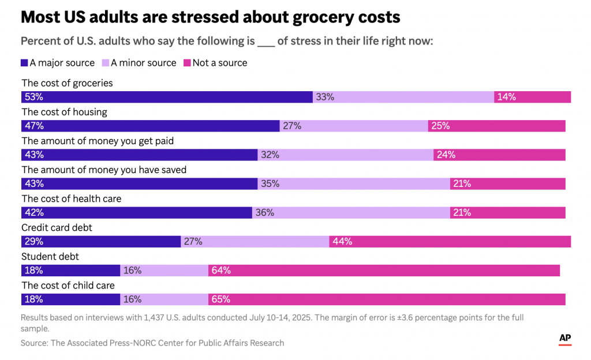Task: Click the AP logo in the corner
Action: point(565,339)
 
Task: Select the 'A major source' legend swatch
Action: point(24,63)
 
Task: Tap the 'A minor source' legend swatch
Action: point(105,63)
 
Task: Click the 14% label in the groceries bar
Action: point(506,97)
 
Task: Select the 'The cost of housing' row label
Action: point(64,112)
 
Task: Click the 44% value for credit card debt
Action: point(342,241)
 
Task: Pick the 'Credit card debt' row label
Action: point(57,227)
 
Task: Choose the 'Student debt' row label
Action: point(50,256)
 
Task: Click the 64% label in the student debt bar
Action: point(221,270)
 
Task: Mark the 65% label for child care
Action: point(221,299)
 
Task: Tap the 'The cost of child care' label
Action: point(68,285)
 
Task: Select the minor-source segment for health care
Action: point(351,212)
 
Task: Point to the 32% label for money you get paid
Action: point(270,155)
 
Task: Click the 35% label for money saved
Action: point(270,183)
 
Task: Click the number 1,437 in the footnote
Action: point(152,317)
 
